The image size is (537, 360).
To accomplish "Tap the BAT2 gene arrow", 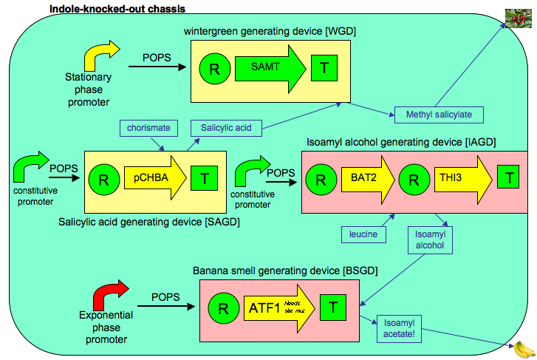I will click(361, 178).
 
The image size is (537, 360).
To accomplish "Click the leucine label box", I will click(363, 234).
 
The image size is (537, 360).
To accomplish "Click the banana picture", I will click(523, 347).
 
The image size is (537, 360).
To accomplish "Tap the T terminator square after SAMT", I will click(324, 69).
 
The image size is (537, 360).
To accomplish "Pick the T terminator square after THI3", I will click(507, 178).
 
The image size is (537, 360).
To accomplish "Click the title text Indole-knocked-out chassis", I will click(117, 9).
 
